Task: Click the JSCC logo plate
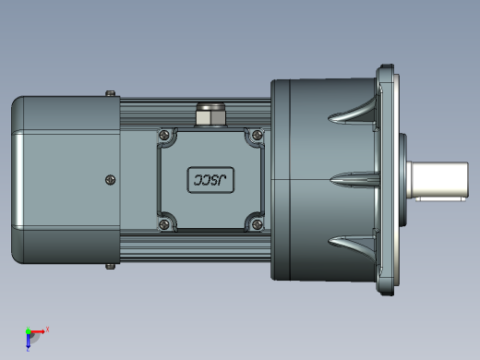(210, 180)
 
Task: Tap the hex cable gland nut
(210, 115)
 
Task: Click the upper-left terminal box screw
(164, 135)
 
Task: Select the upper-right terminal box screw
(257, 135)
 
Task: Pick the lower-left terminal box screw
(164, 224)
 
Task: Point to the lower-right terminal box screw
(257, 224)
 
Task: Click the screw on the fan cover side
(111, 180)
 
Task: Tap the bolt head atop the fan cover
(111, 93)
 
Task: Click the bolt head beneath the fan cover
(111, 267)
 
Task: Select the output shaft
(438, 180)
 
